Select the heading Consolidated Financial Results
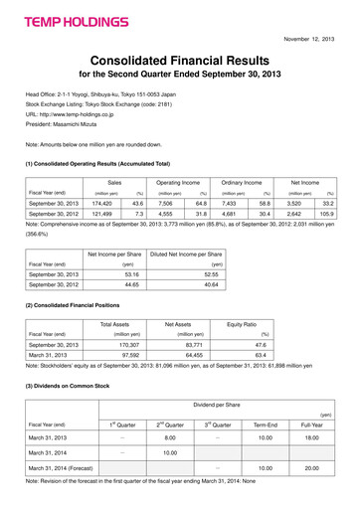[179, 61]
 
